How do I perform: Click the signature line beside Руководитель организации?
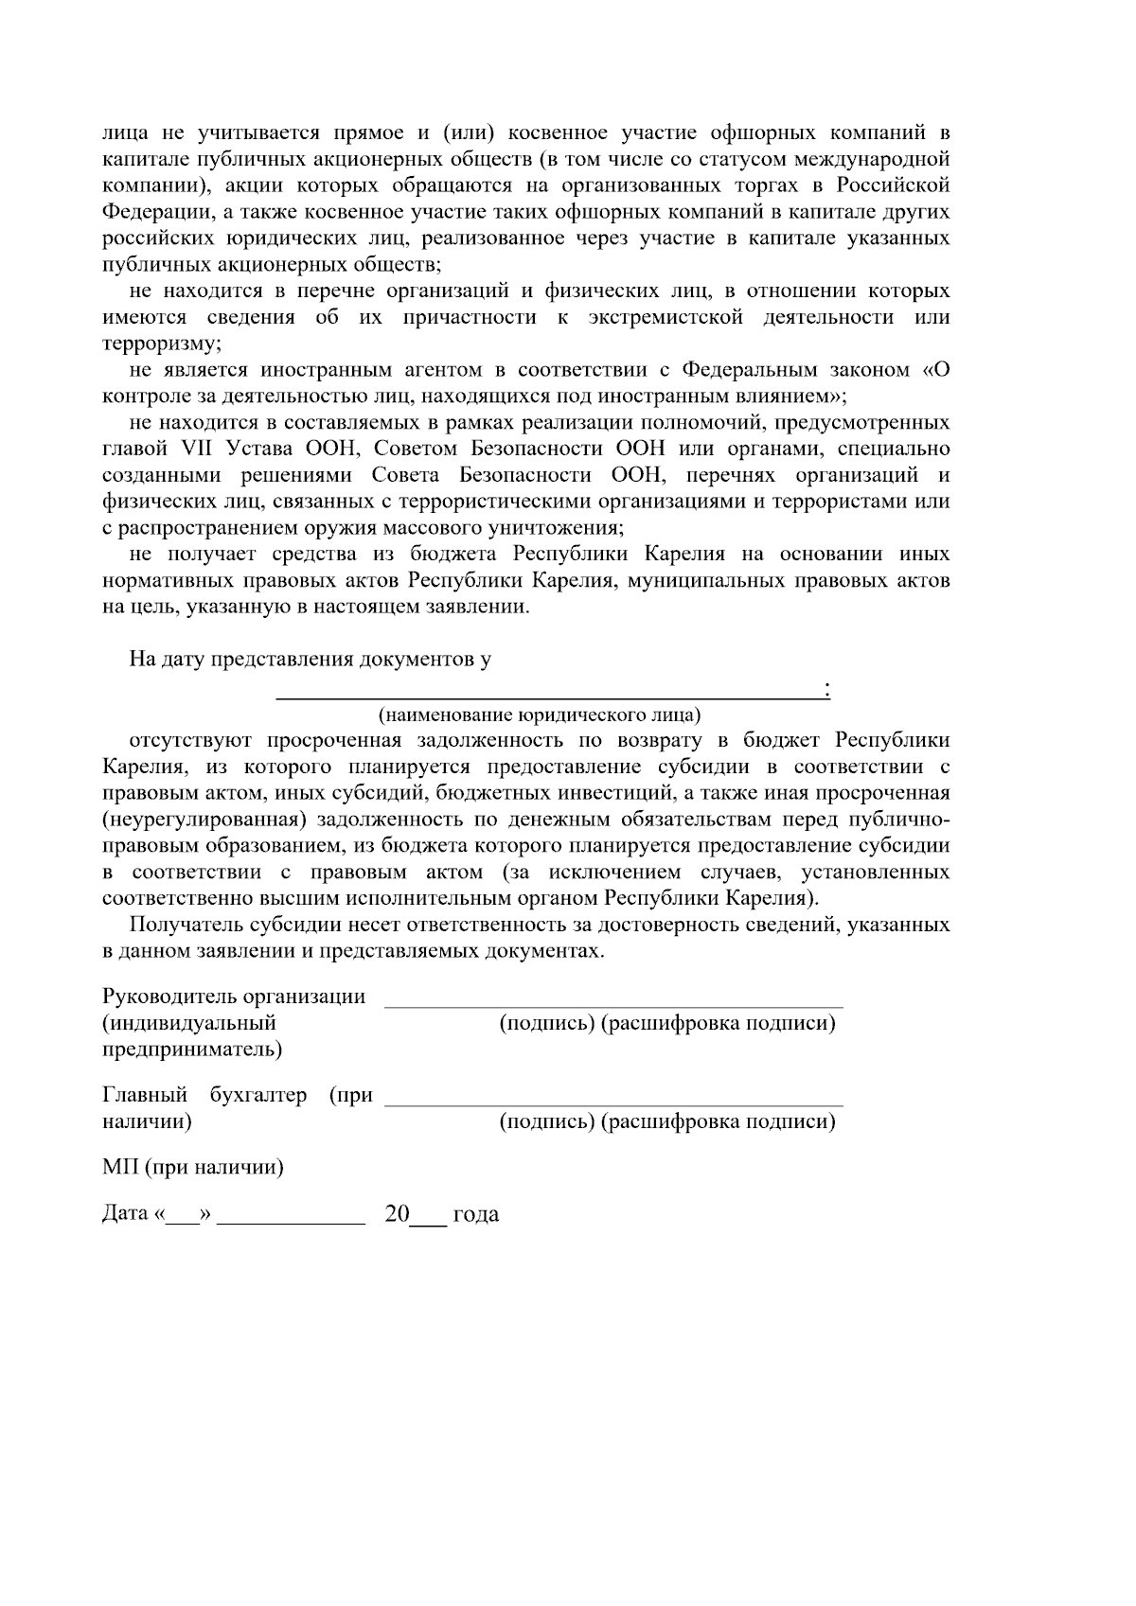[613, 1004]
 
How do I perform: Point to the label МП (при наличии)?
[193, 1167]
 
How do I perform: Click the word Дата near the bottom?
[124, 1213]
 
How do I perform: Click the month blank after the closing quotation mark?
[292, 1219]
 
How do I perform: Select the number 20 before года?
[397, 1213]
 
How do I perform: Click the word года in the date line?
[476, 1214]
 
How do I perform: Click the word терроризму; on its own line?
[162, 343]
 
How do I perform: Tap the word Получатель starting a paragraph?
[187, 925]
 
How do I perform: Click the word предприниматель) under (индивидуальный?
[192, 1050]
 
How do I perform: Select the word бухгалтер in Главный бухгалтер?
[258, 1095]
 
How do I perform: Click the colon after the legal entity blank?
[827, 690]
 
